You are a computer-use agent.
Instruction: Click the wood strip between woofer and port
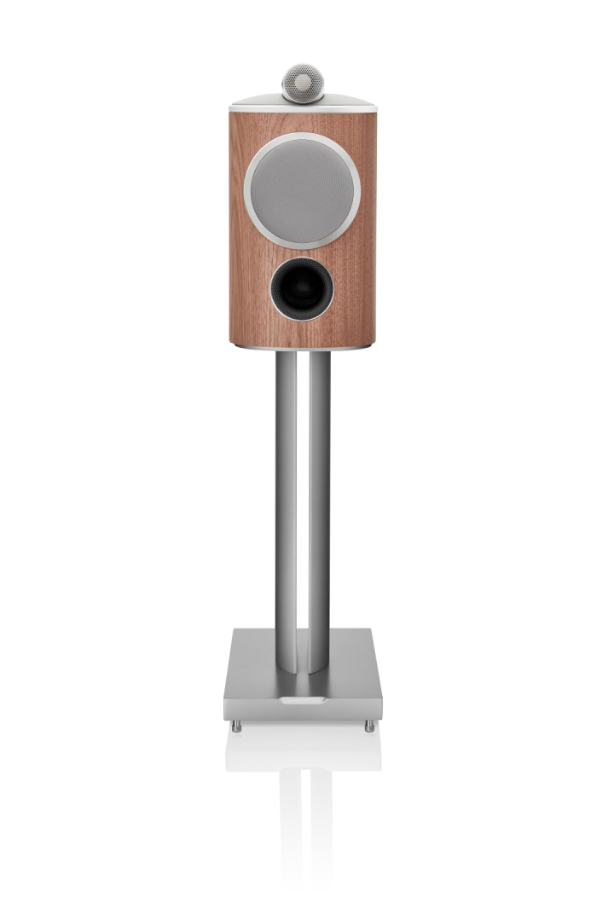point(302,253)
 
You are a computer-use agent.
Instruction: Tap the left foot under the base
point(237,727)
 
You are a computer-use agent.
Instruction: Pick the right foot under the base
point(368,727)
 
